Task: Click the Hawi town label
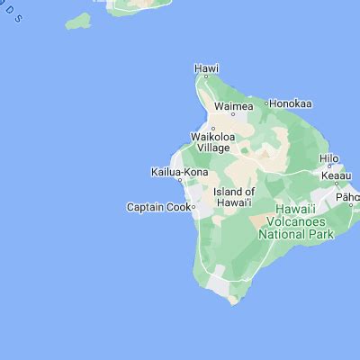pyautogui.click(x=207, y=67)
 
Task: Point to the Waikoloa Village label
pyautogui.click(x=212, y=141)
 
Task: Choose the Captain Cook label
pyautogui.click(x=157, y=207)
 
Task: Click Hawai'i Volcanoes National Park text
pyautogui.click(x=295, y=225)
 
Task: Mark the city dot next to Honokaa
pyautogui.click(x=266, y=104)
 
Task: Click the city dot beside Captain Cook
pyautogui.click(x=193, y=207)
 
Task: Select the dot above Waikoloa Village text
pyautogui.click(x=212, y=128)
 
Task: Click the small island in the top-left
pyautogui.click(x=79, y=20)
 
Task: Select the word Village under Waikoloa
pyautogui.click(x=212, y=148)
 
